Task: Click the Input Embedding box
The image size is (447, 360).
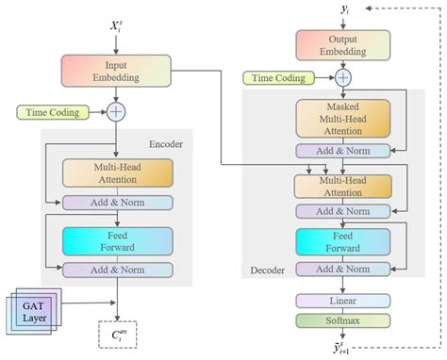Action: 115,71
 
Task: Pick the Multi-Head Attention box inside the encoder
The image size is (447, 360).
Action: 118,173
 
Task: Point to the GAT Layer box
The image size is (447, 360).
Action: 32,310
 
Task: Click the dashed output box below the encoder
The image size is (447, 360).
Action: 118,334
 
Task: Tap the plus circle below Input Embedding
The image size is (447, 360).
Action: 116,112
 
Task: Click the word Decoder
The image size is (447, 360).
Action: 269,270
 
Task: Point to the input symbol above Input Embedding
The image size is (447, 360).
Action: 116,27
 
